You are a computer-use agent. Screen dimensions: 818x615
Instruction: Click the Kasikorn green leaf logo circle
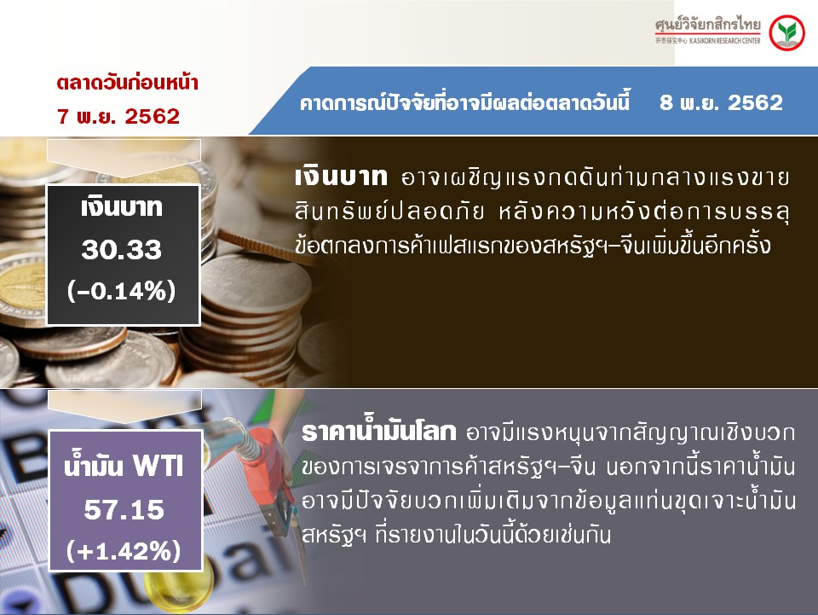point(787,33)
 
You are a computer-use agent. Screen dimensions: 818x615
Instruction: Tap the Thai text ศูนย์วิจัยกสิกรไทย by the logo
point(708,25)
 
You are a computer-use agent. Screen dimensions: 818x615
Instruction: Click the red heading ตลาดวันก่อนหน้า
point(127,83)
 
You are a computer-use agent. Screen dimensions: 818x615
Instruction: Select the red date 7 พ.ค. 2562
point(118,116)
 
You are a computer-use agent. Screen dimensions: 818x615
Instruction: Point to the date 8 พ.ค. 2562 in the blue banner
point(722,102)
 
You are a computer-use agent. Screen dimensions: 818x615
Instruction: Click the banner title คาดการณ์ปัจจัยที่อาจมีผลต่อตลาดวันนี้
point(465,102)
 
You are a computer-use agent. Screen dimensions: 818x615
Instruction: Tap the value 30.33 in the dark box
point(122,250)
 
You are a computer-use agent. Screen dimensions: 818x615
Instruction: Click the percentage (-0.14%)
point(122,291)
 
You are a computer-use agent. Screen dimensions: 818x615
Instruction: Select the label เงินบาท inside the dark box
point(122,207)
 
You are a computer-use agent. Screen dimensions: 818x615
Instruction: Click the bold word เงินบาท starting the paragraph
point(341,177)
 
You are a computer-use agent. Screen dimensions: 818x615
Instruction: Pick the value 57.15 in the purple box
point(124,509)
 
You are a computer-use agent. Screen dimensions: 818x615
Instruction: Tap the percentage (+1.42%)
point(124,551)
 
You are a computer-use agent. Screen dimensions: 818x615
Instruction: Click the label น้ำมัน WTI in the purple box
point(124,464)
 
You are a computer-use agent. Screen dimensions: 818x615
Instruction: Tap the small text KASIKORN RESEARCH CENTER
point(724,41)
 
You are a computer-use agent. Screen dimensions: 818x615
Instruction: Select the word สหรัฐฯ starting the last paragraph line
point(334,535)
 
